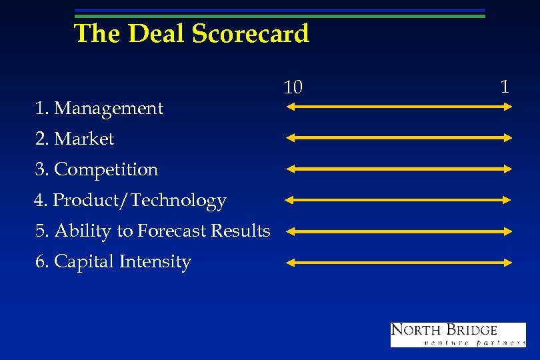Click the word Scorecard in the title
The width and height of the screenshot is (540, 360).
[x=251, y=33]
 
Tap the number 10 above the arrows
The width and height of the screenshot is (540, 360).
[x=293, y=87]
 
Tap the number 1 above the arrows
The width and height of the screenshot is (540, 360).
[x=505, y=86]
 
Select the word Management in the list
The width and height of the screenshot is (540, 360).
[x=109, y=108]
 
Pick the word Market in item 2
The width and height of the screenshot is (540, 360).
[x=84, y=139]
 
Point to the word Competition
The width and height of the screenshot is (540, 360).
[x=106, y=169]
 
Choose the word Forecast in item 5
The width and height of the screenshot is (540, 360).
[x=172, y=231]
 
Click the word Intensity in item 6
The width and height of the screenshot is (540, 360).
[x=155, y=261]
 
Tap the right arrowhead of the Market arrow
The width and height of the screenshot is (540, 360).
[x=508, y=137]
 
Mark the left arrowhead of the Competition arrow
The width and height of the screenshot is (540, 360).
[x=289, y=169]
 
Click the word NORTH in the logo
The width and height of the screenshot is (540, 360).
[x=417, y=330]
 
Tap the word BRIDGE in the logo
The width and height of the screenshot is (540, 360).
[x=472, y=330]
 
